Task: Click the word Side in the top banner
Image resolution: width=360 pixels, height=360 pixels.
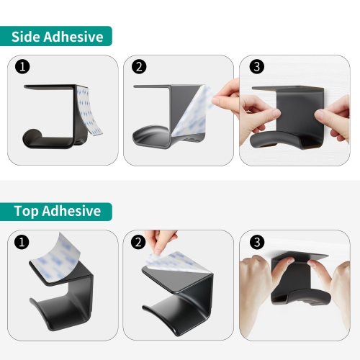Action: point(26,37)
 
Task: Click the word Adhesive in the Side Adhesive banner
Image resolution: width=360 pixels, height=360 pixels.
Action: point(73,37)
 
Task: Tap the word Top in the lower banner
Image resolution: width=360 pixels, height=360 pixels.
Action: point(26,212)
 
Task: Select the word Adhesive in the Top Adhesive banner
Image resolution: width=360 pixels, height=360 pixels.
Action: point(71,211)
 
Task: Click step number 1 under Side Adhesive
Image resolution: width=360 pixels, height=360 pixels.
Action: point(22,66)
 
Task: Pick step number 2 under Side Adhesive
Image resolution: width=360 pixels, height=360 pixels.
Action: point(139,66)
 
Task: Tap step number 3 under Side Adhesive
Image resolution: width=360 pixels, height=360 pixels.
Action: point(257,66)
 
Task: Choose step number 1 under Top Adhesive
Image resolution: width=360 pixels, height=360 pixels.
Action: point(22,242)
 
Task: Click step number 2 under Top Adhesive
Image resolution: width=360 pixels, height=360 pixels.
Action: point(138,242)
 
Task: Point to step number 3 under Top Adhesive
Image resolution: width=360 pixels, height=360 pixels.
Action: point(257,242)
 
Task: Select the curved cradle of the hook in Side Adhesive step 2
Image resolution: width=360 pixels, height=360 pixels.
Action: point(150,135)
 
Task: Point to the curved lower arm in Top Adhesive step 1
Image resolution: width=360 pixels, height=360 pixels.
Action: point(60,312)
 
